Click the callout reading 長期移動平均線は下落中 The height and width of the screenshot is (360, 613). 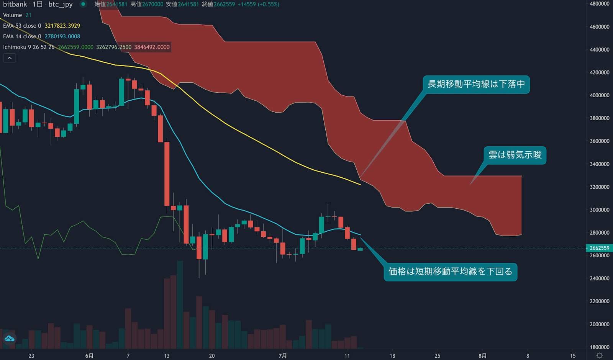click(476, 84)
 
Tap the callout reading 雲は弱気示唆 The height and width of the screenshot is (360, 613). click(515, 155)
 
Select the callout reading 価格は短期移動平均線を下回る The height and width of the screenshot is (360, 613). click(450, 272)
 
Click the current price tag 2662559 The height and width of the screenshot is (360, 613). click(599, 248)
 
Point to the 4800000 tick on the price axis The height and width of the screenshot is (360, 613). click(599, 4)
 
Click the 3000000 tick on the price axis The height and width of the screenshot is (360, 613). click(599, 210)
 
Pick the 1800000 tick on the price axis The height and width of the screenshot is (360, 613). click(599, 347)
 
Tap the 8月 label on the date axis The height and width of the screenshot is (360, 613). click(482, 356)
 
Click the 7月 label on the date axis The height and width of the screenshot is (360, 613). click(283, 356)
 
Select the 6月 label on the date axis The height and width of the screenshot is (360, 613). click(89, 356)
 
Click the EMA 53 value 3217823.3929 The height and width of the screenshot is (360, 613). click(62, 26)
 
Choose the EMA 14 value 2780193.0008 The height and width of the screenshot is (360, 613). click(62, 37)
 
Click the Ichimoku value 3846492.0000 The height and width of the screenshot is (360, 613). click(152, 47)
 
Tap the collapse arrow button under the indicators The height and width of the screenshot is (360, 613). click(10, 58)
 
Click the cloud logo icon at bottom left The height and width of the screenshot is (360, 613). click(9, 339)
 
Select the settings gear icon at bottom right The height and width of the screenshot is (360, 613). click(600, 356)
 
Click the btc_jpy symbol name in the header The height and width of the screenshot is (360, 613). click(61, 5)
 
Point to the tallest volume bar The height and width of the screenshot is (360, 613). click(180, 304)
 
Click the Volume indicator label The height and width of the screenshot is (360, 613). click(13, 15)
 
